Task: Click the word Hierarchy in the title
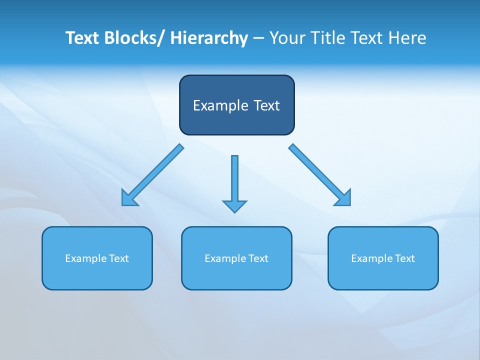click(209, 38)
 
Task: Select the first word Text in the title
click(82, 38)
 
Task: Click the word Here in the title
click(406, 38)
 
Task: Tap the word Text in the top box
click(266, 105)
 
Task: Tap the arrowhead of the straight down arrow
click(234, 206)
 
